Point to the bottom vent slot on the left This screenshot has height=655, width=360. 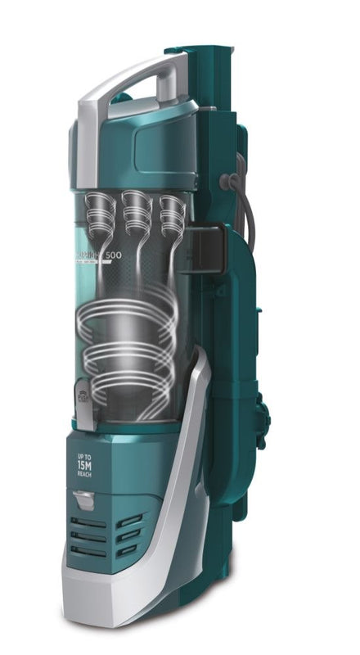pyautogui.click(x=88, y=553)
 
